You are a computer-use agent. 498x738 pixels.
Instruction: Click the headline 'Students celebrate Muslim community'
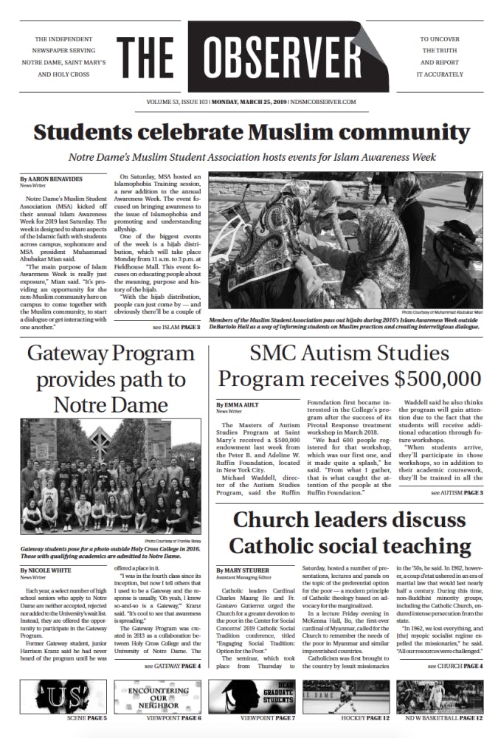tap(252, 133)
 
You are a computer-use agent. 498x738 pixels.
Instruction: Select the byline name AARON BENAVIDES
tap(56, 179)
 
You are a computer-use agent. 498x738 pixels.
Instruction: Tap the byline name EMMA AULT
tap(243, 405)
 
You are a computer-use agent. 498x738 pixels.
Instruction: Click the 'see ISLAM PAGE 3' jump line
tap(176, 326)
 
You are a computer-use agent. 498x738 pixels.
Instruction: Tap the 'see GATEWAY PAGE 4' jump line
tap(172, 666)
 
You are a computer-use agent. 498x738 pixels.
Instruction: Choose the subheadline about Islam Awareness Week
tap(252, 156)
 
